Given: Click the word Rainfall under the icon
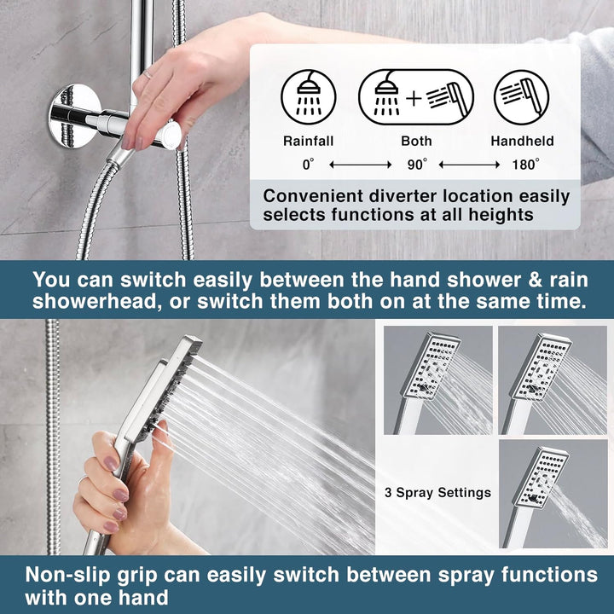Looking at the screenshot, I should point(308,142).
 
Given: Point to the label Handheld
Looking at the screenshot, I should point(522,142).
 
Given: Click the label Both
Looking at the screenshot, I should point(416,142).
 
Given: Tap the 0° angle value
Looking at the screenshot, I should point(309,163).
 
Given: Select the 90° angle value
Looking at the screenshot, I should point(416,163).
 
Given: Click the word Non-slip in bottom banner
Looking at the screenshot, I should point(65,573).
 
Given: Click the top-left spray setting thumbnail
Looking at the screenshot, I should point(437,379).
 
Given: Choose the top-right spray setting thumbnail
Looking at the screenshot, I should point(553,379).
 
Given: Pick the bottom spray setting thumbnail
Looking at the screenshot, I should point(553,493).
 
